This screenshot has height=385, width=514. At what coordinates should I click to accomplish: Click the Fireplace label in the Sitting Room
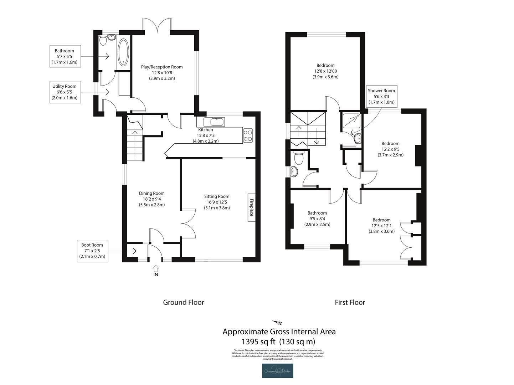point(251,207)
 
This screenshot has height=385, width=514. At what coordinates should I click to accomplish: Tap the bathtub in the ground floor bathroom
point(123,52)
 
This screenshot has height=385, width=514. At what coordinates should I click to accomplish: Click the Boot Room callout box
point(92,251)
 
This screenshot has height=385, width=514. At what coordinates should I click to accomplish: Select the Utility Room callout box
point(65,92)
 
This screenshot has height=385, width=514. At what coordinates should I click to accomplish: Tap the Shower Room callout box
point(381,96)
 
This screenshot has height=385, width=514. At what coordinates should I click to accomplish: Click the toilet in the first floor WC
point(298,157)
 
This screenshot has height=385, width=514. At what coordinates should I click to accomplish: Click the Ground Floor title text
point(183,302)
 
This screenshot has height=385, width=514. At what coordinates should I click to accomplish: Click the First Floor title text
point(350,302)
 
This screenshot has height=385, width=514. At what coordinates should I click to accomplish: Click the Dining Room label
point(151,193)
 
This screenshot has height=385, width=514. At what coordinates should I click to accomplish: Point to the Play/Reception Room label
point(162,67)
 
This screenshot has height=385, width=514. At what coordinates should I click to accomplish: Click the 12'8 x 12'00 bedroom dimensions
point(325,71)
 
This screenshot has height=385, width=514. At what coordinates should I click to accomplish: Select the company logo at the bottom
point(278,371)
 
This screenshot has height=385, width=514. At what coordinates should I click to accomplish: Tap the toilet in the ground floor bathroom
point(103,41)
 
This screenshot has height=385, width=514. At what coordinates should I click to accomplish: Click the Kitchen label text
point(206,130)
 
